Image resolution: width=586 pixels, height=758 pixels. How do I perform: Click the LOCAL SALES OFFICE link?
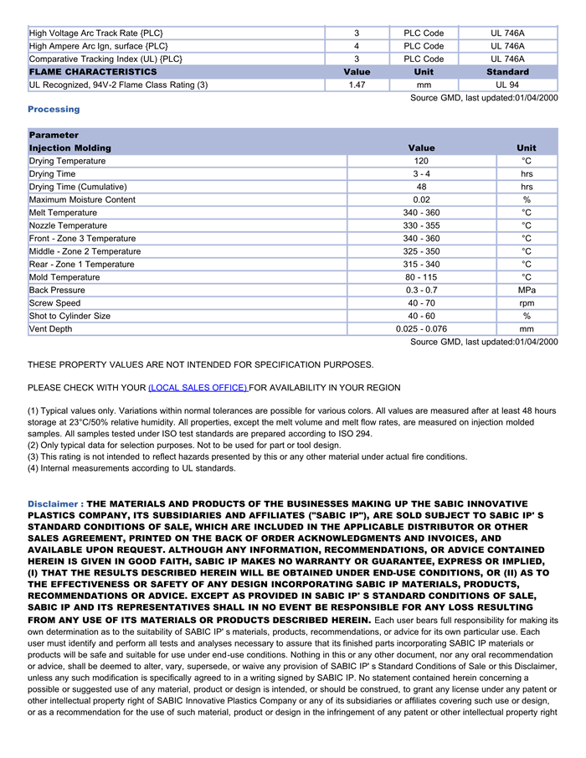click(x=198, y=388)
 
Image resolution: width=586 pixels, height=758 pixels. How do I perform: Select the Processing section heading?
click(x=54, y=109)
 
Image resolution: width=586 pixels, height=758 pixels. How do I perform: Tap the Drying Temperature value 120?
click(x=421, y=161)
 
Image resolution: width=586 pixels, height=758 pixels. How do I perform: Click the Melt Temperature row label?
click(x=63, y=213)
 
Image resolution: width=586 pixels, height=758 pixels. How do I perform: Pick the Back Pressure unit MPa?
click(x=527, y=290)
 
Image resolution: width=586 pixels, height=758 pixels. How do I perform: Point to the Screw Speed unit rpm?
click(x=527, y=303)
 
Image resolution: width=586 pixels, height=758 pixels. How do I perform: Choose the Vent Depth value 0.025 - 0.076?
click(x=421, y=329)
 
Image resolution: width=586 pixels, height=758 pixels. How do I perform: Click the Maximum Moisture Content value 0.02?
click(x=421, y=200)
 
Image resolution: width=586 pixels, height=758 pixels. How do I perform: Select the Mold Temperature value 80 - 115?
click(x=421, y=277)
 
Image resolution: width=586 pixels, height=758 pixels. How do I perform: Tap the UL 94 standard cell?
click(x=507, y=85)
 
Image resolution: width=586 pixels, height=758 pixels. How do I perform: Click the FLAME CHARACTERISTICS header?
click(x=93, y=72)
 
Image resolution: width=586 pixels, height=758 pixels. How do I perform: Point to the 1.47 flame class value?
click(x=357, y=85)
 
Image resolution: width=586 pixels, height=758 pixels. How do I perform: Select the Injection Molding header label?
click(x=70, y=147)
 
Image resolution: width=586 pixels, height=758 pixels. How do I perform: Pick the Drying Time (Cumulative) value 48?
click(x=421, y=187)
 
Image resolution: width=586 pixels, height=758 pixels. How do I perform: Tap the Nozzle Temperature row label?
click(x=68, y=225)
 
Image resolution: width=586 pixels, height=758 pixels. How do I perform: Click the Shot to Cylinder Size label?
click(x=69, y=316)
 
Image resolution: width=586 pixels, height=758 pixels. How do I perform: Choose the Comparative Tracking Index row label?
click(x=105, y=59)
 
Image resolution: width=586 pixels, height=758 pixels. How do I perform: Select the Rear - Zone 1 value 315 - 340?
click(x=421, y=265)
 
